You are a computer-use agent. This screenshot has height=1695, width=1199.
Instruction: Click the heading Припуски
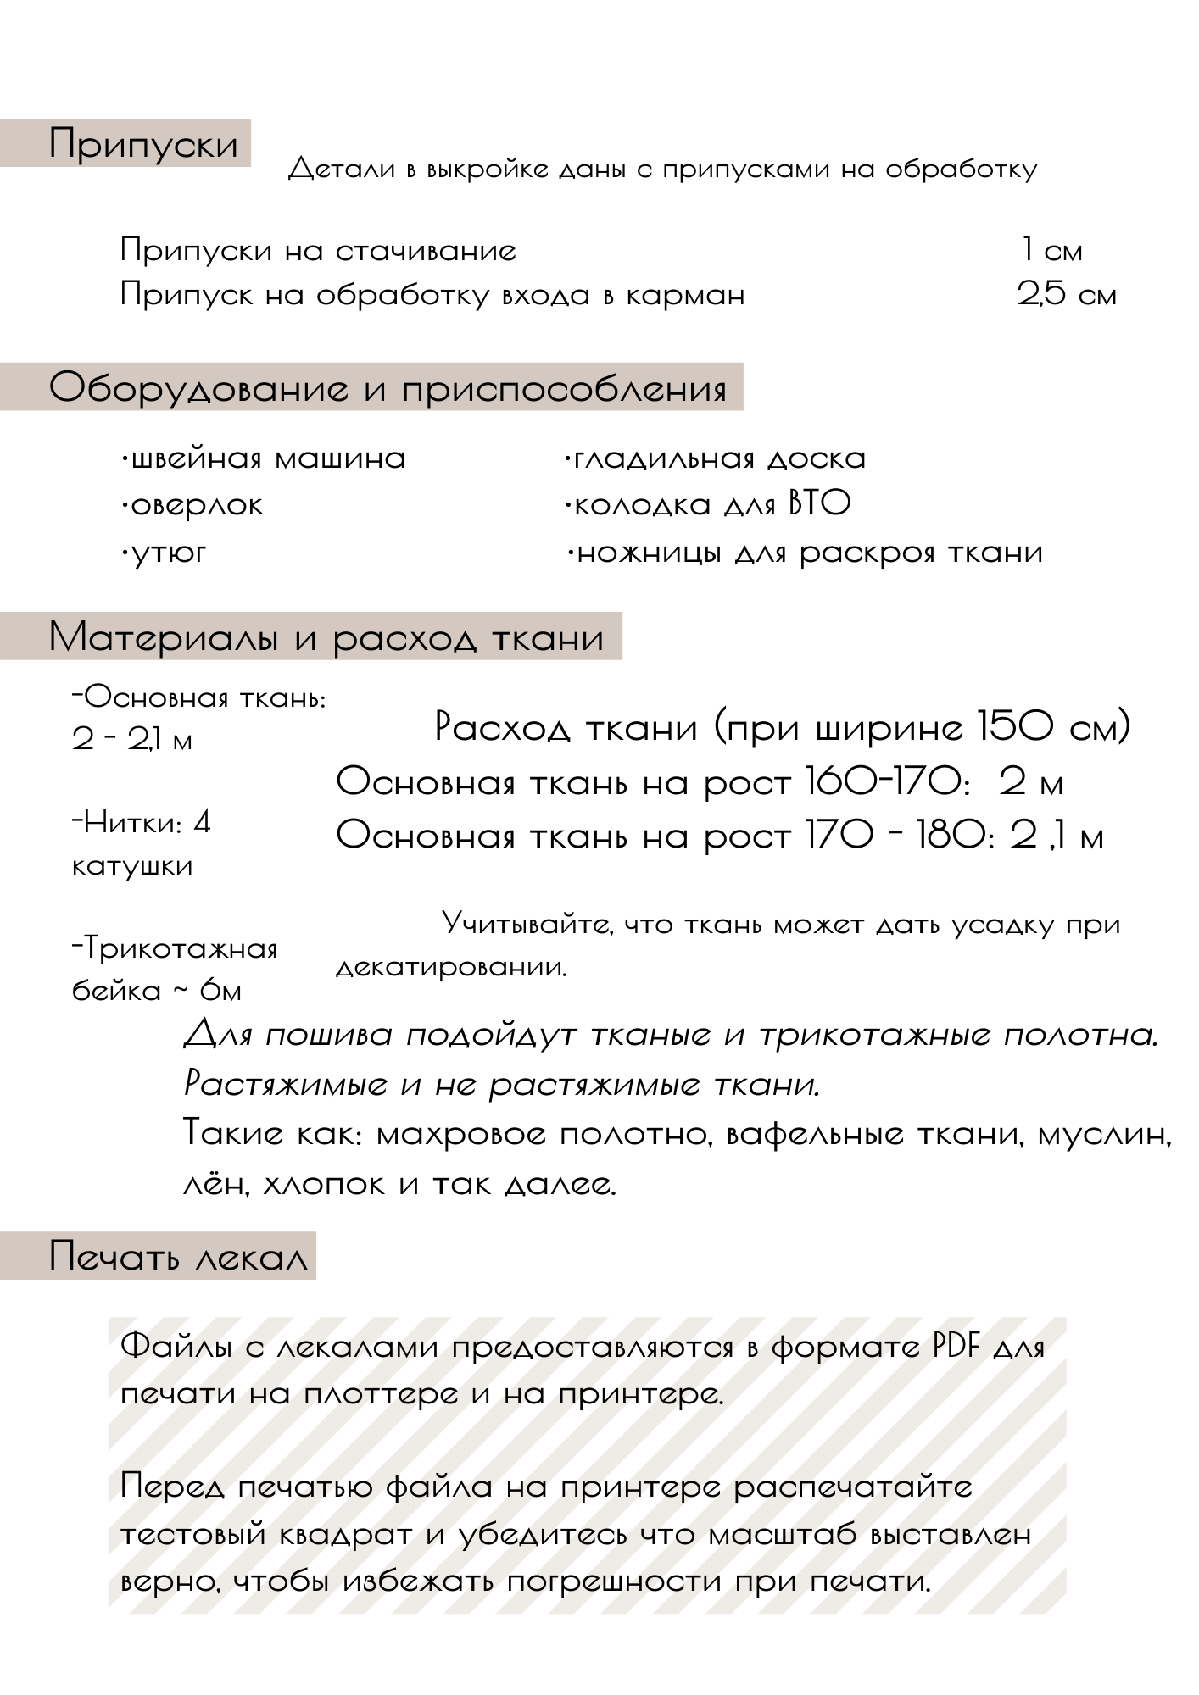(143, 143)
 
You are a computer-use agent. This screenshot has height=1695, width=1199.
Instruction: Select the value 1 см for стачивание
(1051, 251)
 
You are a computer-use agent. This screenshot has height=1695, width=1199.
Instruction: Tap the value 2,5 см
(1067, 295)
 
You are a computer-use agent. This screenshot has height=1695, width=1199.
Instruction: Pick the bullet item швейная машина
(265, 458)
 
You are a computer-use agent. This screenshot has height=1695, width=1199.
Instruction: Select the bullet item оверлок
(194, 505)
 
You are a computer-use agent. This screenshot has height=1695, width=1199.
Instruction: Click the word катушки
(133, 866)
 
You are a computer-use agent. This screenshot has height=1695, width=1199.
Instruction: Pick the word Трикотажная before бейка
(177, 948)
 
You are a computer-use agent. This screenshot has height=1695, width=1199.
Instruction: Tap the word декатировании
(451, 967)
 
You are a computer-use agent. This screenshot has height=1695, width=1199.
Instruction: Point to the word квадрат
(323, 1535)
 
